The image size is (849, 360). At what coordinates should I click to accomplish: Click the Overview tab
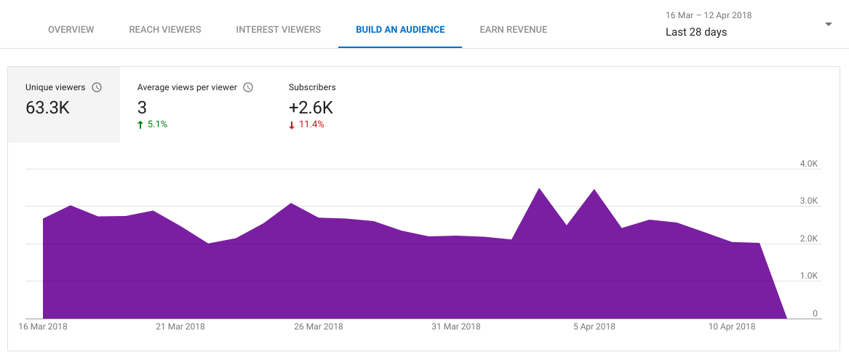71,30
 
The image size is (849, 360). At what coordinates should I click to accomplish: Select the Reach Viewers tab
165,30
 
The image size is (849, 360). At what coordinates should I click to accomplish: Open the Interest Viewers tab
278,30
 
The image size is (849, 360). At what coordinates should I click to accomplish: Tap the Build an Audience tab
400,30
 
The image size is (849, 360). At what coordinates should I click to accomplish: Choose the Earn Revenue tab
514,30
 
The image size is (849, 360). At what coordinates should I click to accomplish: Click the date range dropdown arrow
828,24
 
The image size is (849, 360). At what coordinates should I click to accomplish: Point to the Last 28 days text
696,32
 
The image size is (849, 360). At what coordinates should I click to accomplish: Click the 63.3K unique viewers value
48,108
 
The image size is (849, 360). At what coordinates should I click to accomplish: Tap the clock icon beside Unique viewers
97,87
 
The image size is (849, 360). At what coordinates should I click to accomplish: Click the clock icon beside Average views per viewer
248,87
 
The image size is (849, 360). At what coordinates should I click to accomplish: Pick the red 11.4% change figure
311,124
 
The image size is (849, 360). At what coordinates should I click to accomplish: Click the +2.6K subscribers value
311,108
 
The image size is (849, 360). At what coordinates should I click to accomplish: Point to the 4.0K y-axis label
809,164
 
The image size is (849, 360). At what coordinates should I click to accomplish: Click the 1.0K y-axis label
809,276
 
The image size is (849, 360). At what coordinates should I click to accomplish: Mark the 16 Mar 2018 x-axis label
43,327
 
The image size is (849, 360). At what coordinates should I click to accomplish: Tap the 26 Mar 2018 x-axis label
318,327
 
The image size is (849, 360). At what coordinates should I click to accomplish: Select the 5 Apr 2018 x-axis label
594,327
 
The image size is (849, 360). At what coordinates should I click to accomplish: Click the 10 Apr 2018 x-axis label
732,327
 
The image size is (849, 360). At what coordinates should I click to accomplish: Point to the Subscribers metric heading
312,87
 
